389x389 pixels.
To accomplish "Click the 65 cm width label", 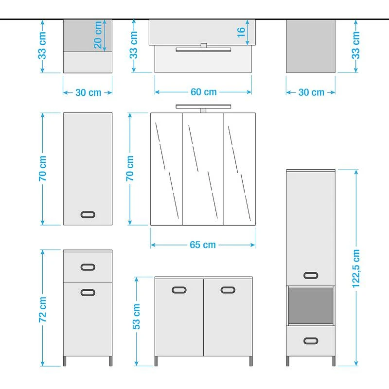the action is coord(203,245).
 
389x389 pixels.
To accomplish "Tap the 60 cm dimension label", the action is coord(204,92).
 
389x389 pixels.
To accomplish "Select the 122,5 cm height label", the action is coord(356,269).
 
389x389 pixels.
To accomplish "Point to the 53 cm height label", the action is coord(136,317).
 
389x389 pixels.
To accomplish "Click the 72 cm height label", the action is coord(42,310).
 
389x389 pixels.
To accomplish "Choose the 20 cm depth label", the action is coord(98,35).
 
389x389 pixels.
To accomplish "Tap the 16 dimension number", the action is coord(241,33).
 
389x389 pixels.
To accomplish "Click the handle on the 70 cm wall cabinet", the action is coord(88,214).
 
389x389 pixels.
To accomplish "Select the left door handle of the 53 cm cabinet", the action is coord(179,290).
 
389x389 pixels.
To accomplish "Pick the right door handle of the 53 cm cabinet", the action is coord(228,290).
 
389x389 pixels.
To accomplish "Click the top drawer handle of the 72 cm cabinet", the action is coord(88,267).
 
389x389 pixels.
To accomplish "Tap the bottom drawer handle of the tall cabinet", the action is coord(311,341).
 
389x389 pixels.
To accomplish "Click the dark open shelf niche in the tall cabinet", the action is coord(311,306).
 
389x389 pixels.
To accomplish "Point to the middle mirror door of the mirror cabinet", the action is coord(203,169).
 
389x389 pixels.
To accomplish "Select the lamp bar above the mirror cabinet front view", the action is coord(203,106).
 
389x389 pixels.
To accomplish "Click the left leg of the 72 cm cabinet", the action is coord(65,361).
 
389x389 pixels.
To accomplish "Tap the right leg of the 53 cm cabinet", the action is coord(251,361).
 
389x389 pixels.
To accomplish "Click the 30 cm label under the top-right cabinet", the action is coord(311,92).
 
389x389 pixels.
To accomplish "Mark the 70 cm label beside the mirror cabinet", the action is coord(130,168).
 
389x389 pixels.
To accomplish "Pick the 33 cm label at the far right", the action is coord(356,45).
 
